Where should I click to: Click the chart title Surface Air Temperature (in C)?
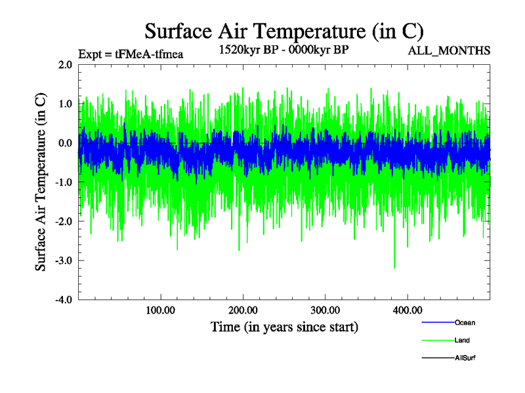tap(283, 31)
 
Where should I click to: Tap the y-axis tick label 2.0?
tap(65, 65)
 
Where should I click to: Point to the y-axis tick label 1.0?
tap(65, 103)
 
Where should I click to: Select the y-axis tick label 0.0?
tap(65, 143)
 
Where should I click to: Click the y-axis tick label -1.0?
tap(64, 182)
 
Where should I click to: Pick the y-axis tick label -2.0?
tap(64, 221)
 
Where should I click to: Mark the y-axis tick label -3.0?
tap(64, 261)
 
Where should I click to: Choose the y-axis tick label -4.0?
tap(64, 299)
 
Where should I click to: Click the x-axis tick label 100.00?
tap(160, 310)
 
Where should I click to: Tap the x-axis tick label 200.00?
tap(243, 310)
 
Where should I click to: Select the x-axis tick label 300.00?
tap(325, 310)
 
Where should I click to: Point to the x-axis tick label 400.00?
tap(407, 310)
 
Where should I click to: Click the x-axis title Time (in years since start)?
tap(284, 326)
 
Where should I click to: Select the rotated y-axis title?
tap(41, 182)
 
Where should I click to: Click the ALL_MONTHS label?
tap(450, 51)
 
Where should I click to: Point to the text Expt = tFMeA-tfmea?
tap(130, 54)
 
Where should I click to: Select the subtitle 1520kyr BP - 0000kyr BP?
tap(283, 49)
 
